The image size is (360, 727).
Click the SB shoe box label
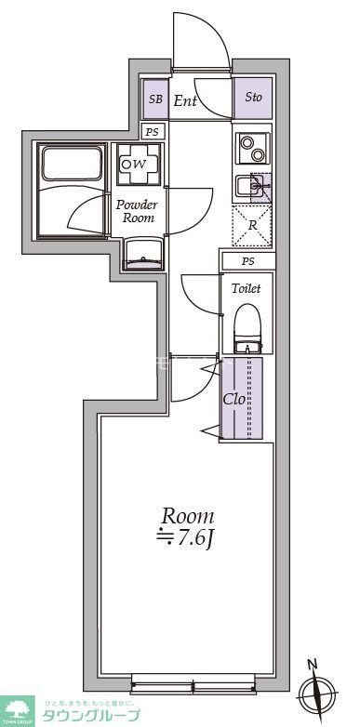(154, 99)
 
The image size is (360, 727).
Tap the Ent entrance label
(185, 99)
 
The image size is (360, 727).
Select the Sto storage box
(253, 98)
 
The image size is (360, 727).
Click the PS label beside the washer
(153, 132)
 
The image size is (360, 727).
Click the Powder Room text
(136, 212)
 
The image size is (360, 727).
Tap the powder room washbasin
(140, 251)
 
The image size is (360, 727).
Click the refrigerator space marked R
(252, 226)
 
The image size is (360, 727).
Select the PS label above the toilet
(247, 260)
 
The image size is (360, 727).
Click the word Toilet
(247, 288)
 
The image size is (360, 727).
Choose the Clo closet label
(234, 400)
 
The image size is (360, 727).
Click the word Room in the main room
(188, 516)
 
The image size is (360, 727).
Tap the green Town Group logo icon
(17, 711)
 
